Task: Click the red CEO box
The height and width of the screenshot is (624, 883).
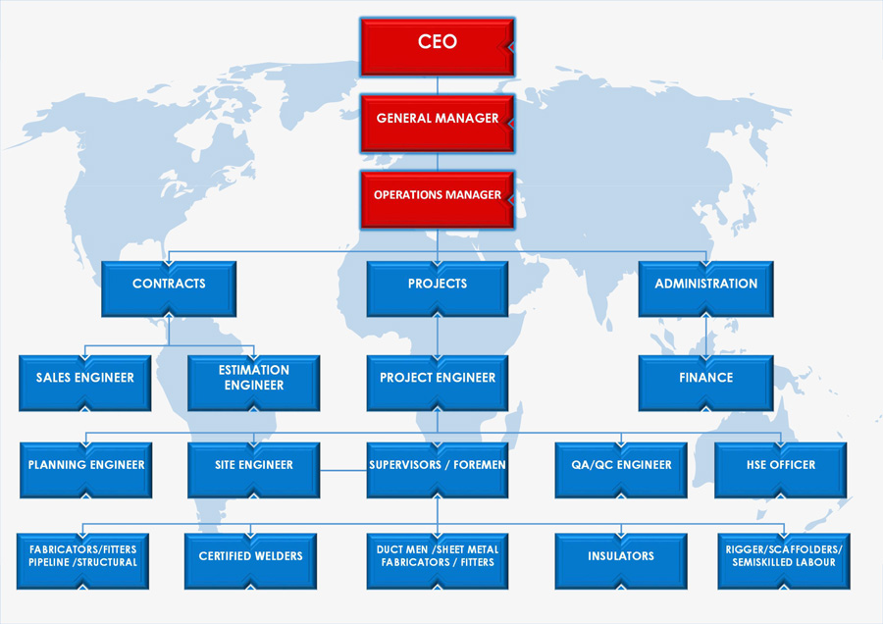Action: coord(437,47)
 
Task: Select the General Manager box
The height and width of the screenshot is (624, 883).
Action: coord(437,124)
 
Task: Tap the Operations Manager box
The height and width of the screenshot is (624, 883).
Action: coord(437,200)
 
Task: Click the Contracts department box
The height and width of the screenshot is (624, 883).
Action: coord(169,288)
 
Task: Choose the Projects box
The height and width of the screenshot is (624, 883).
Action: coord(437,288)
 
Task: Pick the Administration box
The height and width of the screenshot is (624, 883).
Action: coord(705,288)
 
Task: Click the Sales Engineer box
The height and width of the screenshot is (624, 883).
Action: coord(85,383)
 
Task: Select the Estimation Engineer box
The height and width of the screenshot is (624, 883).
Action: coord(254,383)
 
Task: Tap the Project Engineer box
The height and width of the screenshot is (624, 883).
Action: coord(437,383)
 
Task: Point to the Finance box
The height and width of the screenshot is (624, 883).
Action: coord(705,383)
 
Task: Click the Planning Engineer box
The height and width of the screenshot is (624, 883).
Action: coord(86,470)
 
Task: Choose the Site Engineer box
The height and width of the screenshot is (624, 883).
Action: coord(254,470)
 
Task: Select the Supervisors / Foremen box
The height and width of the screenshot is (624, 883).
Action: coord(437,470)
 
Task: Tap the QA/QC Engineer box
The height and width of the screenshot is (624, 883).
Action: coord(621,470)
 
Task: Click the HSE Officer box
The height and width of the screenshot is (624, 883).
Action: coord(781,470)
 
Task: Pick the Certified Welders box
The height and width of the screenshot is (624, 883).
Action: coord(250,561)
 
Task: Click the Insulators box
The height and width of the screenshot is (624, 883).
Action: coord(621,561)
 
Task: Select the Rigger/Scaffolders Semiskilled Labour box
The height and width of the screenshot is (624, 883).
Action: coord(784,561)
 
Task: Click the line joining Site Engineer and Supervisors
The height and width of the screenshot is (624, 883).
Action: coord(343,470)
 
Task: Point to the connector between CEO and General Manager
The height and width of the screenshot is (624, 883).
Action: coord(438,85)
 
